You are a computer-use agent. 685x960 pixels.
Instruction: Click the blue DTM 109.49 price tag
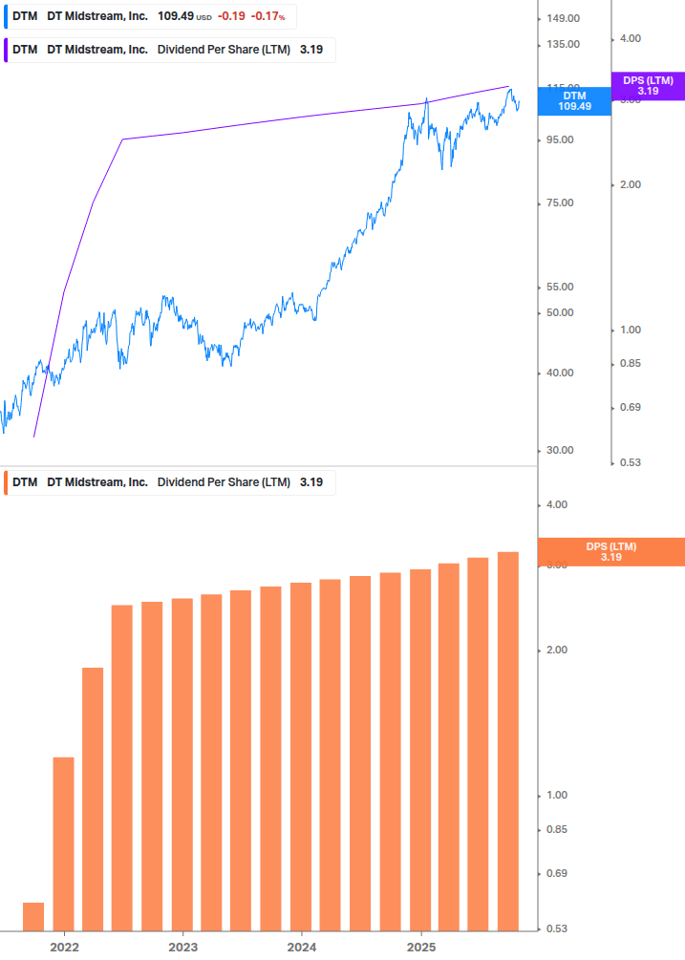point(574,101)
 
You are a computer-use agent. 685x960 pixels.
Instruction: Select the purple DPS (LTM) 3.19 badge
point(647,86)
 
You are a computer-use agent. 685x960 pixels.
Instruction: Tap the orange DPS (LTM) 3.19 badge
point(611,551)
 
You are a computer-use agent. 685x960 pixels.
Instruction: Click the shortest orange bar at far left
point(33,915)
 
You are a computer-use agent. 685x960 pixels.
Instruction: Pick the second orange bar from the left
point(63,843)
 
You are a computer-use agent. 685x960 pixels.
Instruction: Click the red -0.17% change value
point(268,17)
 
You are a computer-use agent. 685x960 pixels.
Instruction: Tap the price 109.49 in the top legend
point(175,17)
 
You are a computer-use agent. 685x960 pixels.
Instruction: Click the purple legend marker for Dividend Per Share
point(7,50)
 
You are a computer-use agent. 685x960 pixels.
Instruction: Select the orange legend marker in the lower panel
point(7,482)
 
